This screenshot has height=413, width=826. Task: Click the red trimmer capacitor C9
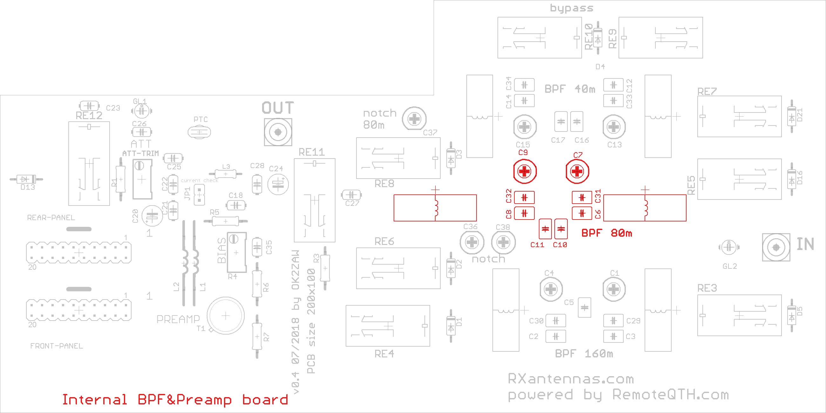pyautogui.click(x=525, y=172)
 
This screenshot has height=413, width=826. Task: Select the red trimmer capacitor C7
pyautogui.click(x=577, y=172)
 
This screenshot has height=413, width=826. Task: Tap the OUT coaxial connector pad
pyautogui.click(x=278, y=132)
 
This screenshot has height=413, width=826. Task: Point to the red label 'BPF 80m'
pyautogui.click(x=607, y=233)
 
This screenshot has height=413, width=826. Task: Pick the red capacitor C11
pyautogui.click(x=545, y=229)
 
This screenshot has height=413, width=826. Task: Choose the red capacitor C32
pyautogui.click(x=524, y=198)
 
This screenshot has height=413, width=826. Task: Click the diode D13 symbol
pyautogui.click(x=26, y=179)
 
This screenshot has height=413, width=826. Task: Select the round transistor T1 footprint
pyautogui.click(x=226, y=316)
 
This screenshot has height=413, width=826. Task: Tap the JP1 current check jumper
pyautogui.click(x=199, y=195)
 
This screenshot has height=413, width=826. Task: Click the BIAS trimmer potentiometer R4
pyautogui.click(x=237, y=252)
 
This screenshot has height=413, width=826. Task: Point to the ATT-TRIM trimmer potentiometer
pyautogui.click(x=142, y=179)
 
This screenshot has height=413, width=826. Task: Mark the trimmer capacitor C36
pyautogui.click(x=472, y=242)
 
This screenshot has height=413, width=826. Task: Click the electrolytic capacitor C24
pyautogui.click(x=278, y=184)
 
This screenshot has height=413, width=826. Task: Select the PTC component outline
pyautogui.click(x=200, y=132)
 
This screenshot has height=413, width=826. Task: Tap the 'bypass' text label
pyautogui.click(x=572, y=8)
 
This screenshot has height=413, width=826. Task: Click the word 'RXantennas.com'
pyautogui.click(x=571, y=379)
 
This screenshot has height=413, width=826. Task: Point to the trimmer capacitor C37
pyautogui.click(x=415, y=119)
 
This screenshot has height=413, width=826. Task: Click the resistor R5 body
pyautogui.click(x=226, y=221)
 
